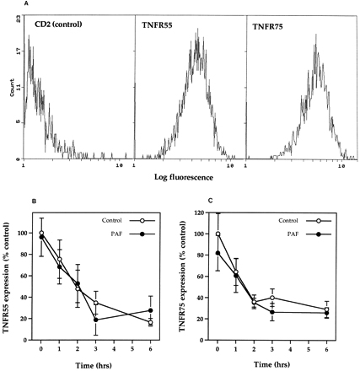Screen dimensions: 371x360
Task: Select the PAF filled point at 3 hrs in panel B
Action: [95, 320]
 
